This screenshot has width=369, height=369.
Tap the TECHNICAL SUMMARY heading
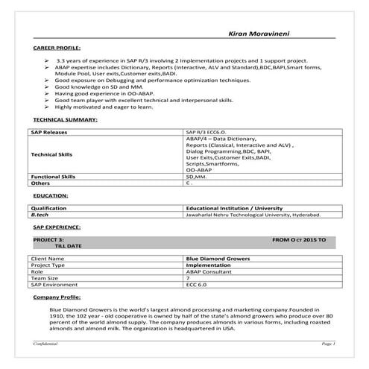66,119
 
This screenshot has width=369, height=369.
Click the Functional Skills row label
54,176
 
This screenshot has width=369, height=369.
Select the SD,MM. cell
197,176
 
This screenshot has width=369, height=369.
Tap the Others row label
40,183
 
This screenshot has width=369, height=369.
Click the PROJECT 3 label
50,239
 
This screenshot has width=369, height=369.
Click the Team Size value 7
188,278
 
